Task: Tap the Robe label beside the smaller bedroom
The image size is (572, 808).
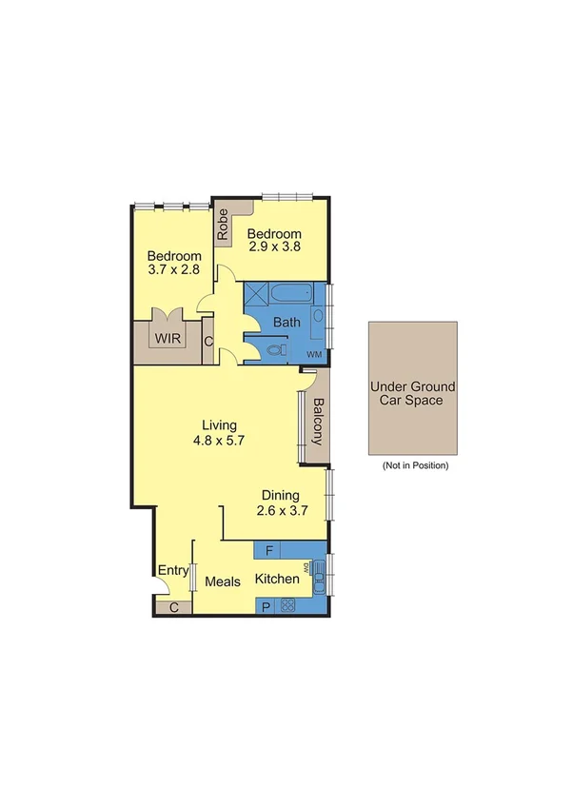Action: click(x=223, y=225)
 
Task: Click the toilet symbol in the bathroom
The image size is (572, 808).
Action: click(x=277, y=350)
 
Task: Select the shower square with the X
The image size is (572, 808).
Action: click(x=258, y=294)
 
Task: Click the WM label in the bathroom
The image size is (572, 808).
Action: click(x=313, y=354)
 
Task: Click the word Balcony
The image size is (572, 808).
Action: click(x=316, y=427)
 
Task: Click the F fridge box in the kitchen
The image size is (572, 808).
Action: click(x=270, y=550)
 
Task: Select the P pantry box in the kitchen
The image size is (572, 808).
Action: click(x=266, y=605)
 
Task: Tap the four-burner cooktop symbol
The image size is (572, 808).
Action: click(x=287, y=604)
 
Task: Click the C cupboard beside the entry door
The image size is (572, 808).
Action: click(x=173, y=607)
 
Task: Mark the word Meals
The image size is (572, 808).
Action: click(x=222, y=581)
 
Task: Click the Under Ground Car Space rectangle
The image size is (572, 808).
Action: click(x=412, y=387)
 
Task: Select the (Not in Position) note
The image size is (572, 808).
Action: click(x=414, y=466)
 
